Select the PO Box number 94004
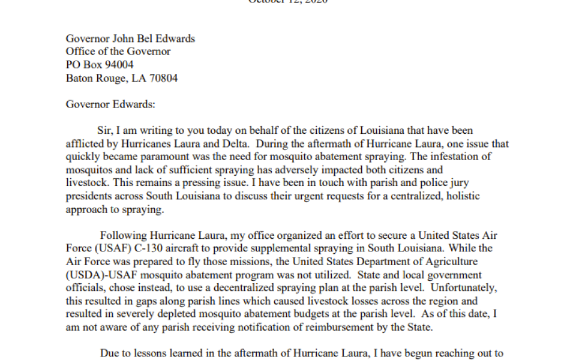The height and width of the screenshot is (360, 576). coord(118,65)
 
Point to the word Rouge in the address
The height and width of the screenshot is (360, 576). coord(109,78)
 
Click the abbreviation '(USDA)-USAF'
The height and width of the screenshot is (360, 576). coord(97,275)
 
